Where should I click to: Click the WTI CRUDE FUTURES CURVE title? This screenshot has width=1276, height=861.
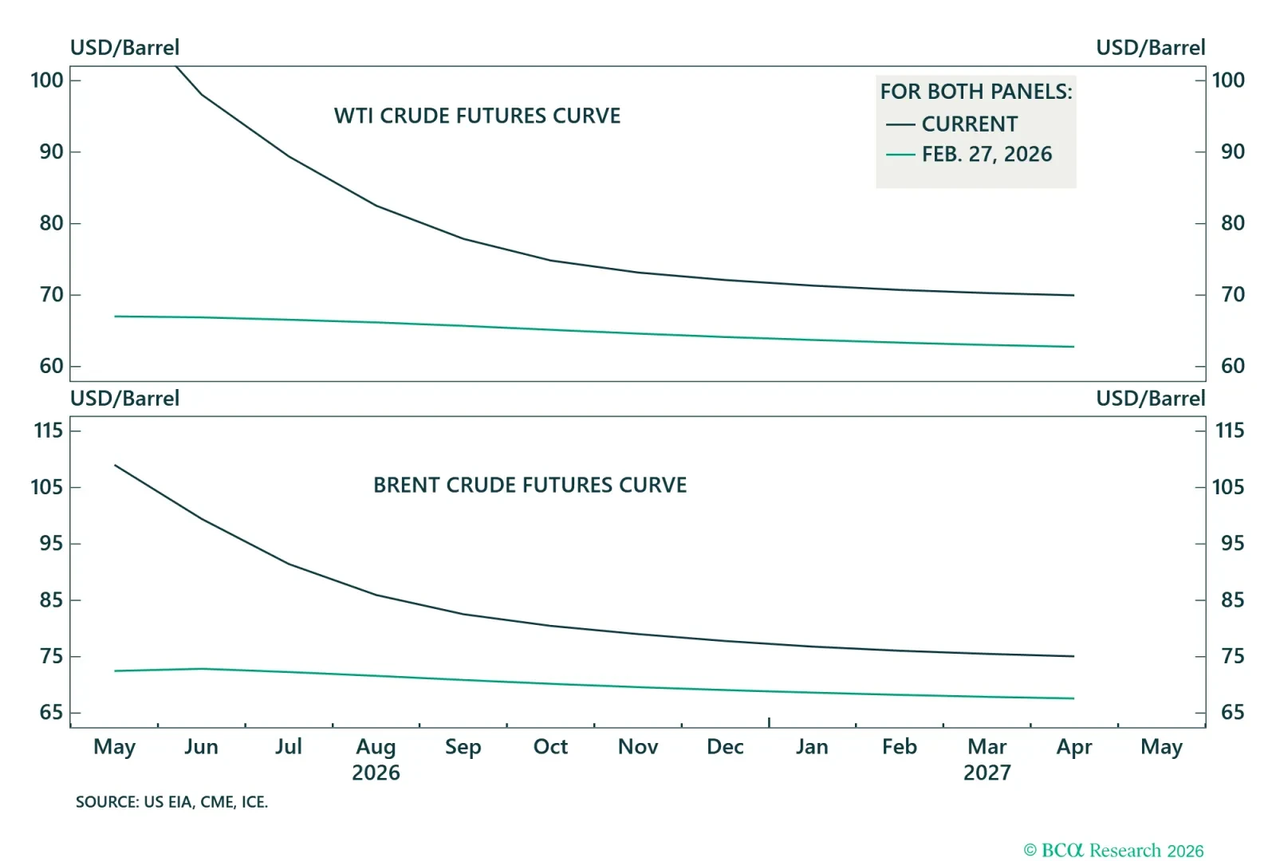[x=477, y=116]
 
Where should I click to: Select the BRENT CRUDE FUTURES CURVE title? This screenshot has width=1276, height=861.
[x=530, y=485]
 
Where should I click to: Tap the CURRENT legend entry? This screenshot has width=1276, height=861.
[x=969, y=124]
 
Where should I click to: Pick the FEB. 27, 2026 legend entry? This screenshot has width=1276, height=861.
[x=987, y=154]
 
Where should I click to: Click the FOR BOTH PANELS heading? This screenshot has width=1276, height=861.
[x=976, y=92]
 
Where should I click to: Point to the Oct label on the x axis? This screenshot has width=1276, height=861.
[x=550, y=747]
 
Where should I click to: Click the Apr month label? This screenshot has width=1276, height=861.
[x=1073, y=747]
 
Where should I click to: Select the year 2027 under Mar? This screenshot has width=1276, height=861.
[x=987, y=773]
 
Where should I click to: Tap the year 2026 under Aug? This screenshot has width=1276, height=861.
[x=376, y=773]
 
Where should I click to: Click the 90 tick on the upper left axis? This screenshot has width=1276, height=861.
[x=51, y=151]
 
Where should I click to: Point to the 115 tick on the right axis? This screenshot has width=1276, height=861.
[x=1229, y=431]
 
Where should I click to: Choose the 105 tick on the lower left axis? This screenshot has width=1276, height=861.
[x=46, y=487]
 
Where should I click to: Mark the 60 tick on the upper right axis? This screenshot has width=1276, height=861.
[x=1232, y=366]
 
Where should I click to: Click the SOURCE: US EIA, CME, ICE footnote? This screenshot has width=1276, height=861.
[x=171, y=802]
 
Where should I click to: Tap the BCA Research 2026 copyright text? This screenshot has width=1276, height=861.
[x=1113, y=851]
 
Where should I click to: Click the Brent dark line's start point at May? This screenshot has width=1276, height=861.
[x=116, y=466]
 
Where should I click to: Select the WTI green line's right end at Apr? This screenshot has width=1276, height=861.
[x=1073, y=347]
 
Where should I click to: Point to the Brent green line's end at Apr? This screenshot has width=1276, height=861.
[x=1073, y=698]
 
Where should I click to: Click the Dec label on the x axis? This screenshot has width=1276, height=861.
[x=725, y=747]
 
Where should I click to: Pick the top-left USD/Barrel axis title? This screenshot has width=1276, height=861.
[x=124, y=48]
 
